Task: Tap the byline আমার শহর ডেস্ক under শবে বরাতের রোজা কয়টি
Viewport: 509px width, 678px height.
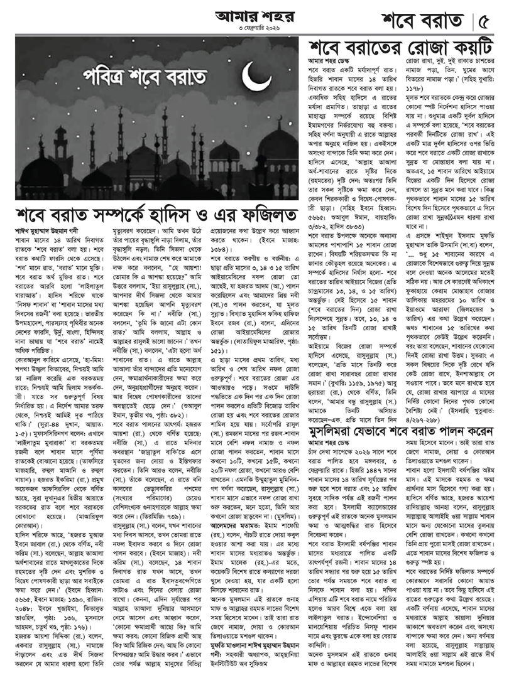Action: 329,63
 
